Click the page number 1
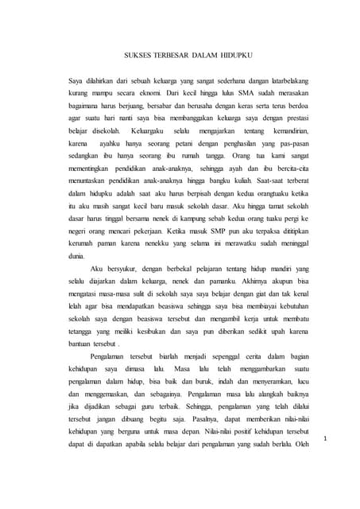tap(327, 438)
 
